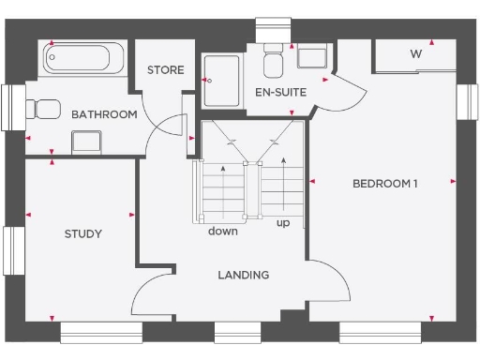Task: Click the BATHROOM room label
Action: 104,114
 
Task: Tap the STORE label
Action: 165,70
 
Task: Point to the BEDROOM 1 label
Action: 384,183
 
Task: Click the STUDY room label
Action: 82,233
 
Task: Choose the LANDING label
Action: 244,275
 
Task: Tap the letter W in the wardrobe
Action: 415,53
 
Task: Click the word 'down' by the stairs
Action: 223,232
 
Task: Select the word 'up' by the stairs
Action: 282,224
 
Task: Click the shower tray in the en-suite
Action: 221,74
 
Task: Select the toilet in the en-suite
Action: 273,60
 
